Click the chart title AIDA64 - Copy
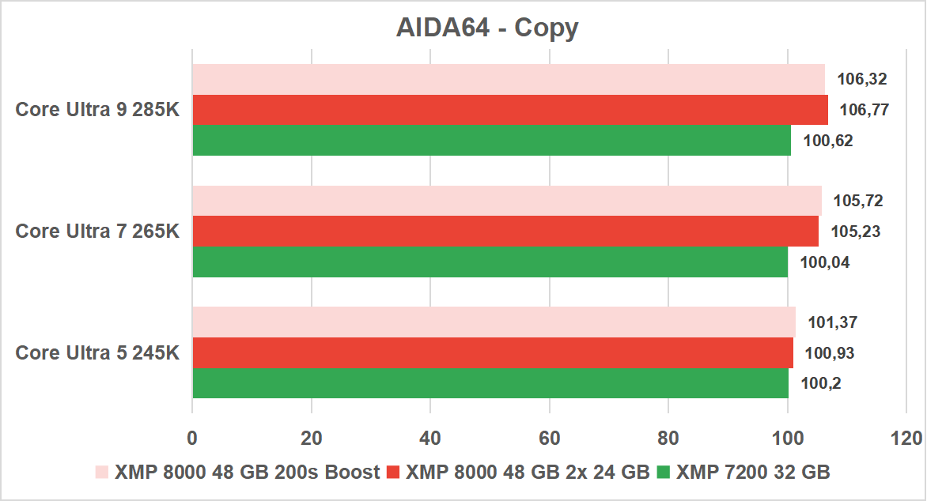click(487, 28)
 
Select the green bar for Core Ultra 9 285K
click(491, 140)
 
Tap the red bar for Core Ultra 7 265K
click(505, 231)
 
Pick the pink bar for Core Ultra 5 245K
click(494, 322)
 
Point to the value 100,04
click(825, 262)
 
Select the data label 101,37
click(832, 322)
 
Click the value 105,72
click(858, 201)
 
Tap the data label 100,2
click(820, 383)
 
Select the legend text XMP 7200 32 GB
click(752, 473)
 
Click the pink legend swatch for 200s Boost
click(101, 473)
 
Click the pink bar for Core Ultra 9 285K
click(509, 79)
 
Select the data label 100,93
click(829, 352)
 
